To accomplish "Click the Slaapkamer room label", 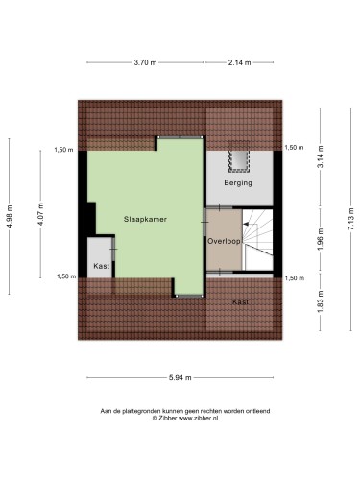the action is (145, 219).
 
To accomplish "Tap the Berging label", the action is (238, 183).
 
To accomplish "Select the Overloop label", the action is (224, 241).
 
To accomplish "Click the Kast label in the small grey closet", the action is (102, 266).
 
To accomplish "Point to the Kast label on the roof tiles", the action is (240, 301).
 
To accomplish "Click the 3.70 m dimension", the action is (145, 62).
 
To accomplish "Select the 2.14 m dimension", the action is (239, 62).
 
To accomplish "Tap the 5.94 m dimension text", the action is (180, 377).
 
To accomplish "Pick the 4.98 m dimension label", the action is (10, 216).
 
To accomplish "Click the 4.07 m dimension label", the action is (40, 214).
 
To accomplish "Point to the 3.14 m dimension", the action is (321, 156).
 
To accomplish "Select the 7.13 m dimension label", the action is (351, 219).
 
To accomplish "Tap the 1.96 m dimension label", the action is (321, 240).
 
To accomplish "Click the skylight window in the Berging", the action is (239, 156).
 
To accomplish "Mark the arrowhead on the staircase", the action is (246, 224).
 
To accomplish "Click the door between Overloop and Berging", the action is (220, 208).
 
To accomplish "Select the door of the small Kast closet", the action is (113, 249).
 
